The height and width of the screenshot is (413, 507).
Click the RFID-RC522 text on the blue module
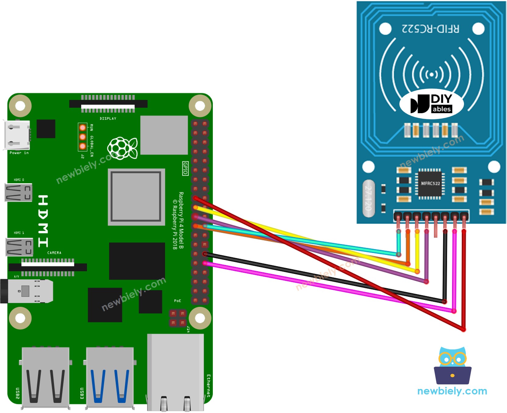(430, 29)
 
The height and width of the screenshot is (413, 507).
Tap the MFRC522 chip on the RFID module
(430, 184)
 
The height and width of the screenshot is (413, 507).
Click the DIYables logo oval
(431, 104)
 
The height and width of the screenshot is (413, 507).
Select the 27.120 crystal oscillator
(368, 198)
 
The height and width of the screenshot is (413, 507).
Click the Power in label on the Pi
(19, 153)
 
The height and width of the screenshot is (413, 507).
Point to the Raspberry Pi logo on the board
(122, 148)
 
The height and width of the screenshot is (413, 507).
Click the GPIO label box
(185, 168)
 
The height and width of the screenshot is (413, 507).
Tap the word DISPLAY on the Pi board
(108, 118)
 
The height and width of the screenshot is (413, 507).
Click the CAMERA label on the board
(54, 253)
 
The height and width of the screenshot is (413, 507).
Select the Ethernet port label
(209, 386)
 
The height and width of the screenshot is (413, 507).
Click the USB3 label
(82, 393)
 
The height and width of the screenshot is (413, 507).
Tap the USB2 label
(17, 393)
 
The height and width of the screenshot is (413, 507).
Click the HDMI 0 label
(19, 180)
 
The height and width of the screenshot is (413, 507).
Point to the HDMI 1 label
(19, 233)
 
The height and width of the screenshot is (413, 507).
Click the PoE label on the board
(177, 301)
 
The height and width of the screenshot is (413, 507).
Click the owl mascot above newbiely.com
(452, 365)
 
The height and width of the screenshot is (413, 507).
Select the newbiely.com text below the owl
(452, 391)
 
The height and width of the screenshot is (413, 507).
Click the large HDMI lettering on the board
(43, 221)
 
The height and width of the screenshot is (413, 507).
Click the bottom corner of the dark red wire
(463, 329)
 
